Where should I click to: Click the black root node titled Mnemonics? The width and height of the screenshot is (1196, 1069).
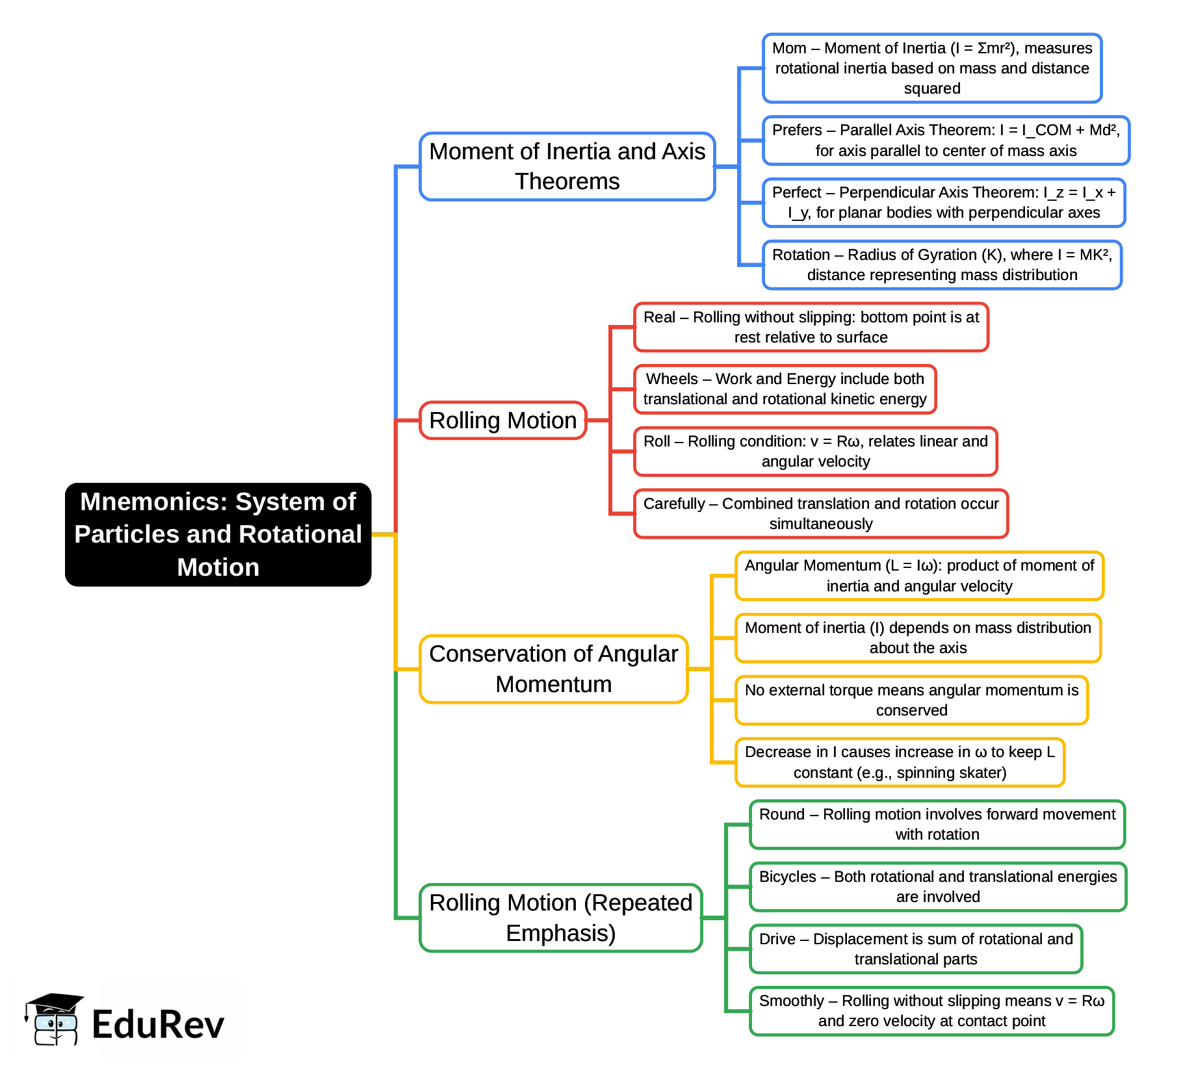[x=218, y=534]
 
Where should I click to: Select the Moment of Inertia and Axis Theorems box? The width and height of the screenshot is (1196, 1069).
[x=567, y=166]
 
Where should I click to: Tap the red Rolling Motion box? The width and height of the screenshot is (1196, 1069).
[x=502, y=420]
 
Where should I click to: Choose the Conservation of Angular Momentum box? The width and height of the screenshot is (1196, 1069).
[x=553, y=669]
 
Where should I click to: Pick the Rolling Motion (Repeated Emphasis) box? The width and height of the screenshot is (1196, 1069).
[x=560, y=918]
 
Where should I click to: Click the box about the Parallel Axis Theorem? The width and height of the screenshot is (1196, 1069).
[x=946, y=140]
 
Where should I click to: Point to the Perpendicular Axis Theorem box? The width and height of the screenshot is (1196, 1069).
[x=943, y=203]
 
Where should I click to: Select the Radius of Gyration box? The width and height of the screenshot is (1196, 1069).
[x=942, y=265]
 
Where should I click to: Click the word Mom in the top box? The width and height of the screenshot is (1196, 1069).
[x=789, y=48]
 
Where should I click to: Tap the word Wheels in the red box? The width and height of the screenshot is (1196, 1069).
[x=671, y=379]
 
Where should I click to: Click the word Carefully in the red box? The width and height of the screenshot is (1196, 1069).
[x=673, y=504]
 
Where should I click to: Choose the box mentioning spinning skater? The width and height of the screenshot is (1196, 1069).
[x=900, y=762]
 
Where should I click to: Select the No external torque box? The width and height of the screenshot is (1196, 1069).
[x=911, y=700]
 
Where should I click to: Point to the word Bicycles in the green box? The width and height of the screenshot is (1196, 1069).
[x=787, y=877]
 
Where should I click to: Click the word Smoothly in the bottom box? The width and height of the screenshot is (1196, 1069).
[x=791, y=1001]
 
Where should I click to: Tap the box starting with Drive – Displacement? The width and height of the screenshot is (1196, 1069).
[x=915, y=949]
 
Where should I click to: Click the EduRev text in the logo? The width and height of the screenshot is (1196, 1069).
[x=158, y=1025]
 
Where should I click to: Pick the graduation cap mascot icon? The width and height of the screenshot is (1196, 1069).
[x=53, y=1018]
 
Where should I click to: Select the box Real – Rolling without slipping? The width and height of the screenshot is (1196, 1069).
[x=811, y=327]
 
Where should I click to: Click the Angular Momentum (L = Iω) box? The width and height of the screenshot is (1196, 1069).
[x=919, y=576]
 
